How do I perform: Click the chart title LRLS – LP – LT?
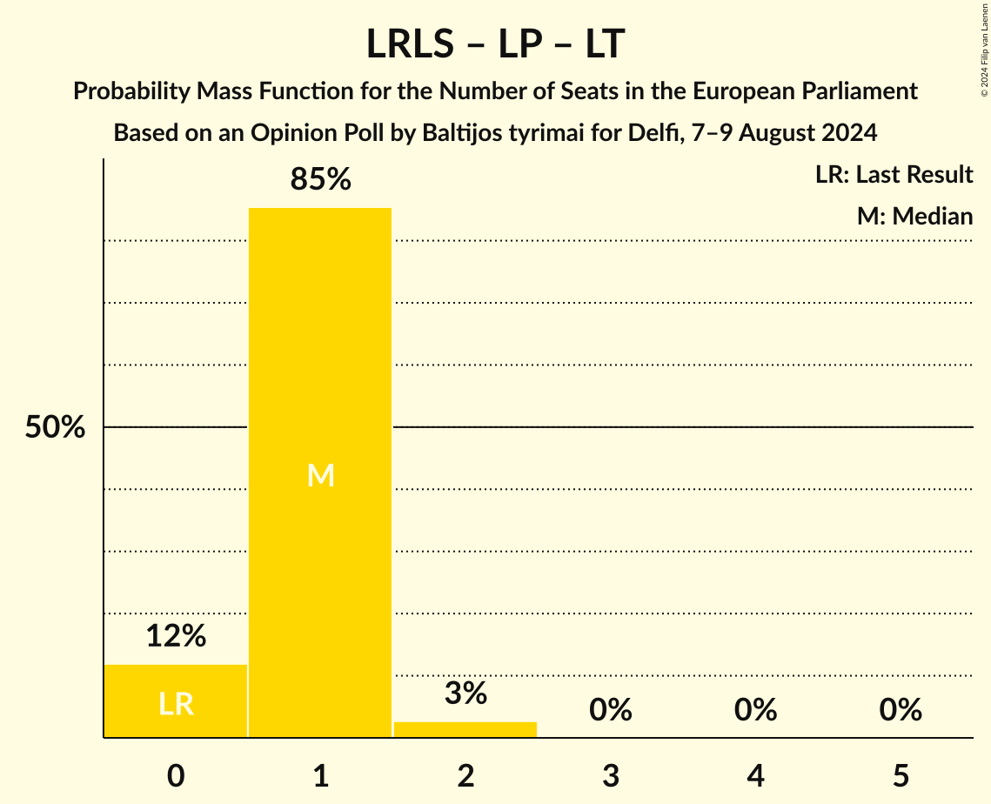[x=495, y=44]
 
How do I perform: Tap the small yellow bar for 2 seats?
[x=465, y=729]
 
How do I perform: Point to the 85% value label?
[x=320, y=180]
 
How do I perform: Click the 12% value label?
[x=176, y=636]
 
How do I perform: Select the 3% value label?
[x=465, y=693]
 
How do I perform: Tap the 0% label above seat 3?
[x=610, y=711]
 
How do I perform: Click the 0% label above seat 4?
[x=755, y=711]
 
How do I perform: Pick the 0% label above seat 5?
[x=900, y=711]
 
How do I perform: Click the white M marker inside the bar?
[x=320, y=475]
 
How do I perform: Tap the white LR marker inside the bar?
[x=176, y=704]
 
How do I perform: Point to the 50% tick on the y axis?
[x=55, y=427]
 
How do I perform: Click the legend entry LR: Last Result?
[x=894, y=175]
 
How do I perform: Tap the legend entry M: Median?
[x=914, y=216]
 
